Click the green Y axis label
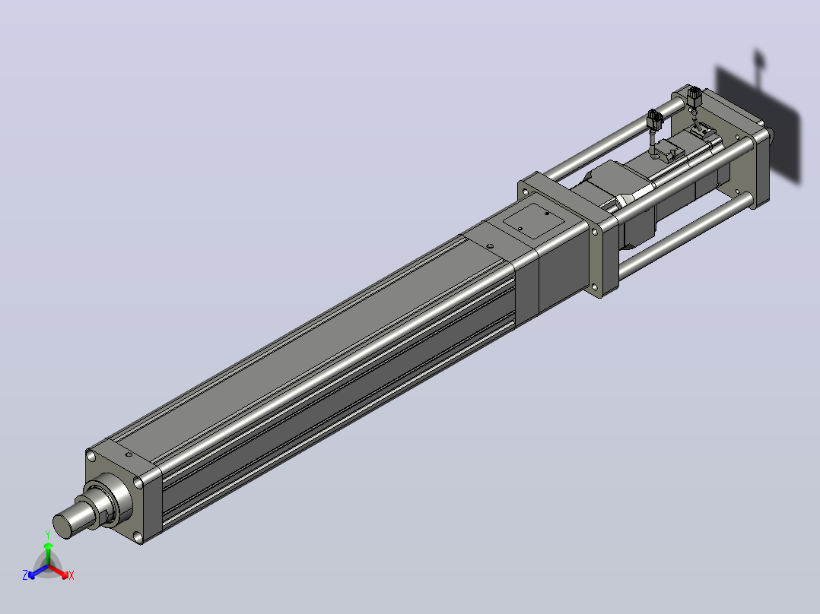point(48,534)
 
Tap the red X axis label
point(72,575)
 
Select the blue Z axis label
point(24,574)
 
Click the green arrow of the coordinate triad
point(48,553)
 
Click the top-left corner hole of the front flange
point(91,456)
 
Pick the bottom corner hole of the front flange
point(138,536)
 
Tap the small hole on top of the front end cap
point(129,454)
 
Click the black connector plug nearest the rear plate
point(694,97)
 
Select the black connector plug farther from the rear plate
point(655,120)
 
